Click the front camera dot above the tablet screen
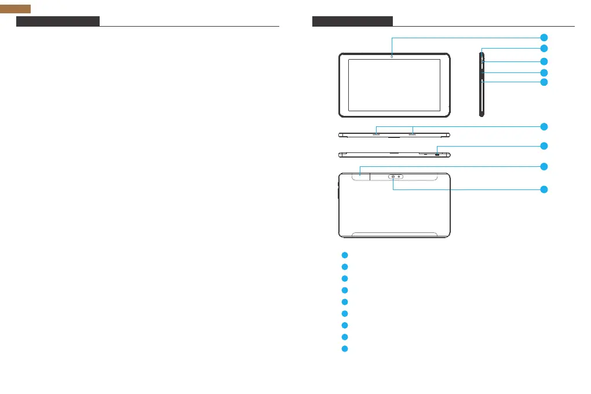click(392, 57)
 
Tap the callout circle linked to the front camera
click(544, 38)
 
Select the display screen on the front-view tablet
click(394, 85)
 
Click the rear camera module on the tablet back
click(396, 176)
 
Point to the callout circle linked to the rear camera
click(544, 189)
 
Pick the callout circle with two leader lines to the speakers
click(544, 126)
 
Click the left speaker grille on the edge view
click(376, 134)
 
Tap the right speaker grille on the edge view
click(413, 134)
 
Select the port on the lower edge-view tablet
click(437, 155)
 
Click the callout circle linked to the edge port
click(544, 145)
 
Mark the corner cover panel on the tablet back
click(354, 176)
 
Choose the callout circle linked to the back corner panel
click(544, 166)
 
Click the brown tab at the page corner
click(15, 8)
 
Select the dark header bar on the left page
click(58, 21)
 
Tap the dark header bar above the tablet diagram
click(352, 21)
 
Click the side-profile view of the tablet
click(481, 85)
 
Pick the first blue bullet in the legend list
click(344, 255)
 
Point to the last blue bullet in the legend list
click(344, 349)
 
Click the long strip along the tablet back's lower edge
click(395, 235)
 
